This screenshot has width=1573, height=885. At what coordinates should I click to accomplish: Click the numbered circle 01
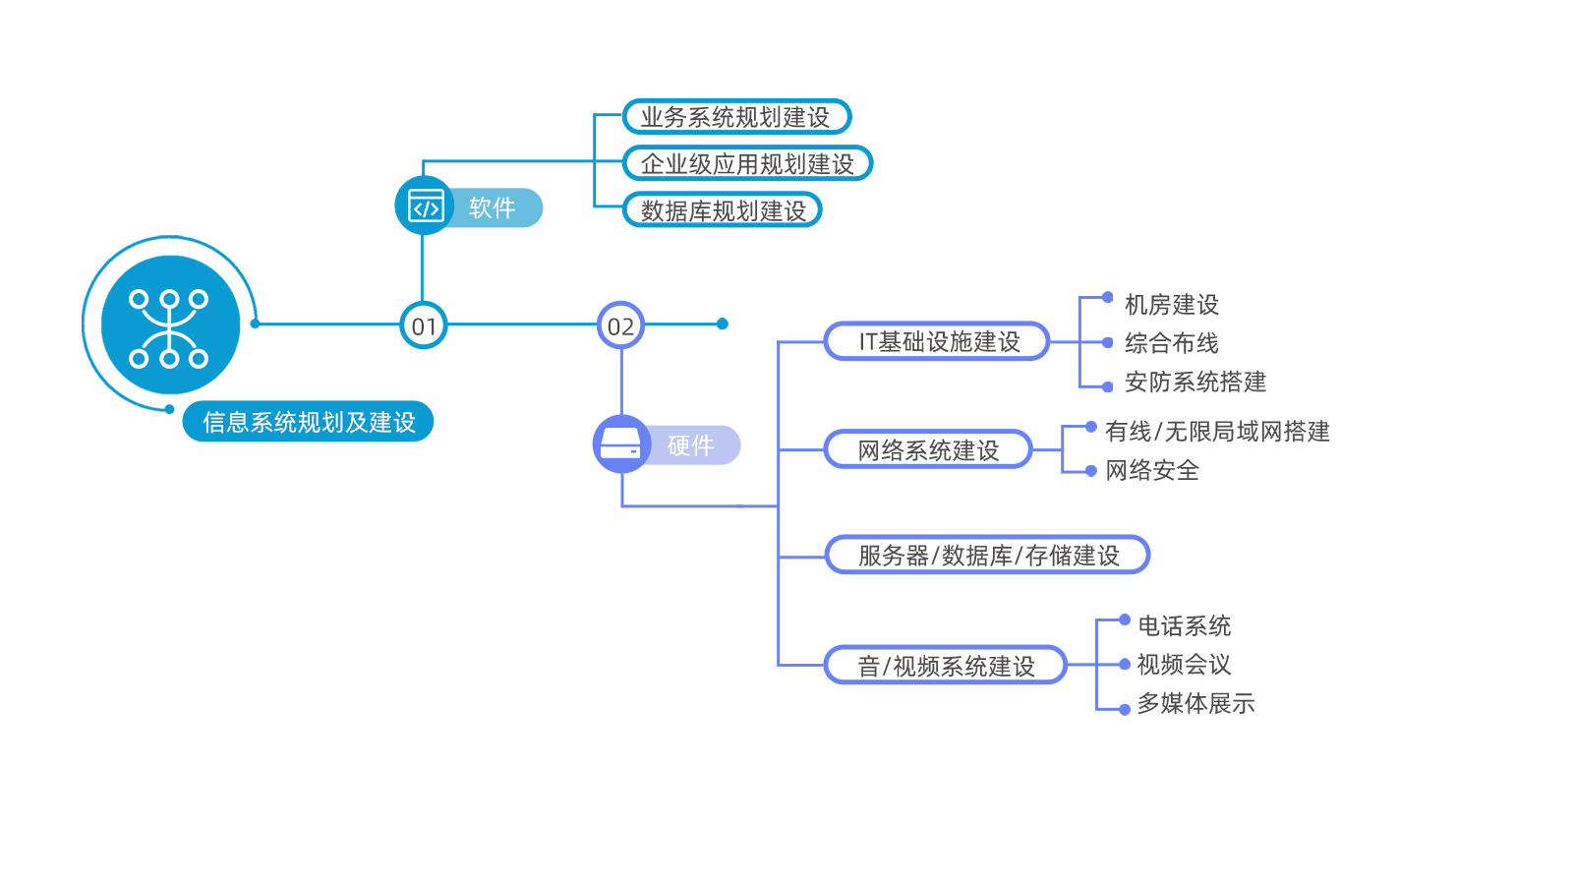(424, 325)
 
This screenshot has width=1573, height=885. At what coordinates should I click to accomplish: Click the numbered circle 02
(620, 325)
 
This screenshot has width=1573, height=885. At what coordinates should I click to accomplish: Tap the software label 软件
(493, 207)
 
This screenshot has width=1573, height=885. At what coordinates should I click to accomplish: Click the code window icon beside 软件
(426, 206)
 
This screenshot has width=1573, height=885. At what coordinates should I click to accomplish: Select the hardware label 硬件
(690, 445)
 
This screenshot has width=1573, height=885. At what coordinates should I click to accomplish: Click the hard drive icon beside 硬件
(620, 444)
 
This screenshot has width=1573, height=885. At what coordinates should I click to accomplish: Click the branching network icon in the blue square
(168, 327)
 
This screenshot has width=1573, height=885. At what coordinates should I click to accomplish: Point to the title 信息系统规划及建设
(309, 422)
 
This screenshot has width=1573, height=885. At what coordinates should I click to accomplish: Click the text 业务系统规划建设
(734, 117)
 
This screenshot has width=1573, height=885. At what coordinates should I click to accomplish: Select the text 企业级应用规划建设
(747, 164)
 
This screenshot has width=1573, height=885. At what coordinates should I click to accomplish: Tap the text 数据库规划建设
(723, 210)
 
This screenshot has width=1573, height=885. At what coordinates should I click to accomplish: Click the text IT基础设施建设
(939, 342)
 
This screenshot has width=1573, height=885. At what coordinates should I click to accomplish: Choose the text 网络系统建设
(927, 450)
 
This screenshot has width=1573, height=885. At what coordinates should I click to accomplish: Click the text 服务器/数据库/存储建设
(988, 556)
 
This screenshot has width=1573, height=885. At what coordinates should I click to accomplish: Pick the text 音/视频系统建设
(946, 667)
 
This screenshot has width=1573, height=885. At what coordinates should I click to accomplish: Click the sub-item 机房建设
(1171, 305)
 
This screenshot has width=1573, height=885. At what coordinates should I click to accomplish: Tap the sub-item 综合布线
(1171, 343)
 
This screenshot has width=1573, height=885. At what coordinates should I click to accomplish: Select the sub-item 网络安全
(1151, 470)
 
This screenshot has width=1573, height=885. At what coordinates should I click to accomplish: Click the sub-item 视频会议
(1184, 665)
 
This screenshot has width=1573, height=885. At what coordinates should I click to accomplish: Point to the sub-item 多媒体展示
(1195, 703)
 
